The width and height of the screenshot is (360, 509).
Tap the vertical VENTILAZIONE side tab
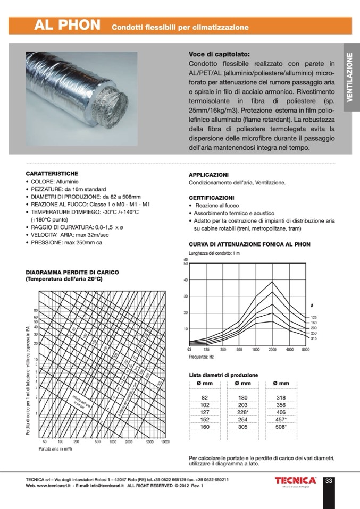350,77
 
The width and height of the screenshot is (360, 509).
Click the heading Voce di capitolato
219,54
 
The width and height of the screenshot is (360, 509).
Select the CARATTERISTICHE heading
52,174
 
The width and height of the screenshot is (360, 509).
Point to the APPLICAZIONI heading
209,175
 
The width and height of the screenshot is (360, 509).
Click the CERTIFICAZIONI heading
212,197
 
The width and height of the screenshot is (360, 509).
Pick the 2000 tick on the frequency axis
272,349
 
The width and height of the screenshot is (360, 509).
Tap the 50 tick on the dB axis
186,264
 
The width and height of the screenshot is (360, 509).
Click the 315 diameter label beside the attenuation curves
313,338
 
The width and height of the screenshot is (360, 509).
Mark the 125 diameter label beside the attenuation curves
313,317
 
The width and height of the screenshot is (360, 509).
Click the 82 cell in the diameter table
205,397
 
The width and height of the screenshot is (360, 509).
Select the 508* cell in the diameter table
281,426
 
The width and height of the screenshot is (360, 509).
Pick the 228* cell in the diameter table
243,412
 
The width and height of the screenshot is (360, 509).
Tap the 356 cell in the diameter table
281,405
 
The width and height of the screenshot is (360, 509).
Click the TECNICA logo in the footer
295,480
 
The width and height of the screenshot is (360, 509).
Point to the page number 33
329,481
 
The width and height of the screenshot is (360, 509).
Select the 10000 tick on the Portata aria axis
165,442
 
